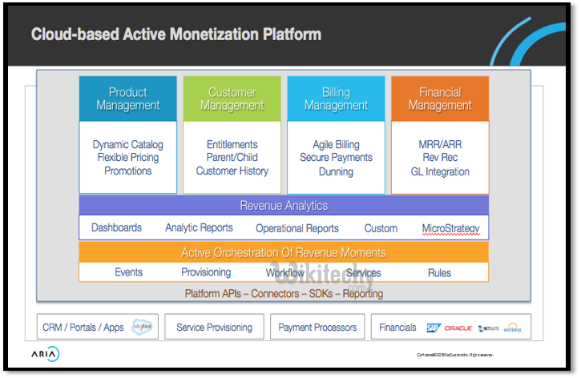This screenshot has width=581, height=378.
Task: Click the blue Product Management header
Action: [128, 99]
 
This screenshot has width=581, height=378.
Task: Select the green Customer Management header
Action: [232, 99]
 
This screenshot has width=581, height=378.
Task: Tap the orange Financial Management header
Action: [440, 99]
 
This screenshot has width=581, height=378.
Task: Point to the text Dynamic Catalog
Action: [128, 145]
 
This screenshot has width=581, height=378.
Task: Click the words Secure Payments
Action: [336, 158]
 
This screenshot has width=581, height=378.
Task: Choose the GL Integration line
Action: [440, 171]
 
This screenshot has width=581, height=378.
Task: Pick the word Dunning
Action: [336, 171]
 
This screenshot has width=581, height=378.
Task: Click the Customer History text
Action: [232, 171]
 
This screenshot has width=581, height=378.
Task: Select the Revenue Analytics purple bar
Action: [284, 206]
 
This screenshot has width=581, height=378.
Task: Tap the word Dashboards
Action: [116, 228]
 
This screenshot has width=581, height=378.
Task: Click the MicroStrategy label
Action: [450, 228]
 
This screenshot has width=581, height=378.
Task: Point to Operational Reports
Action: [297, 228]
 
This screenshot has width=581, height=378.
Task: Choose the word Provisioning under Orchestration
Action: [206, 272]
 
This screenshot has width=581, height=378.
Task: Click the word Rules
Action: [439, 272]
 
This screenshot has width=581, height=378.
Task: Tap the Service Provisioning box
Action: [214, 327]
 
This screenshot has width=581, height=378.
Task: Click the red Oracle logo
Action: [458, 328]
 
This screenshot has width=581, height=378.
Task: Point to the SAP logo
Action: [433, 328]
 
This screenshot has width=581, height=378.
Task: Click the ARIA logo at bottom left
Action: [45, 354]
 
